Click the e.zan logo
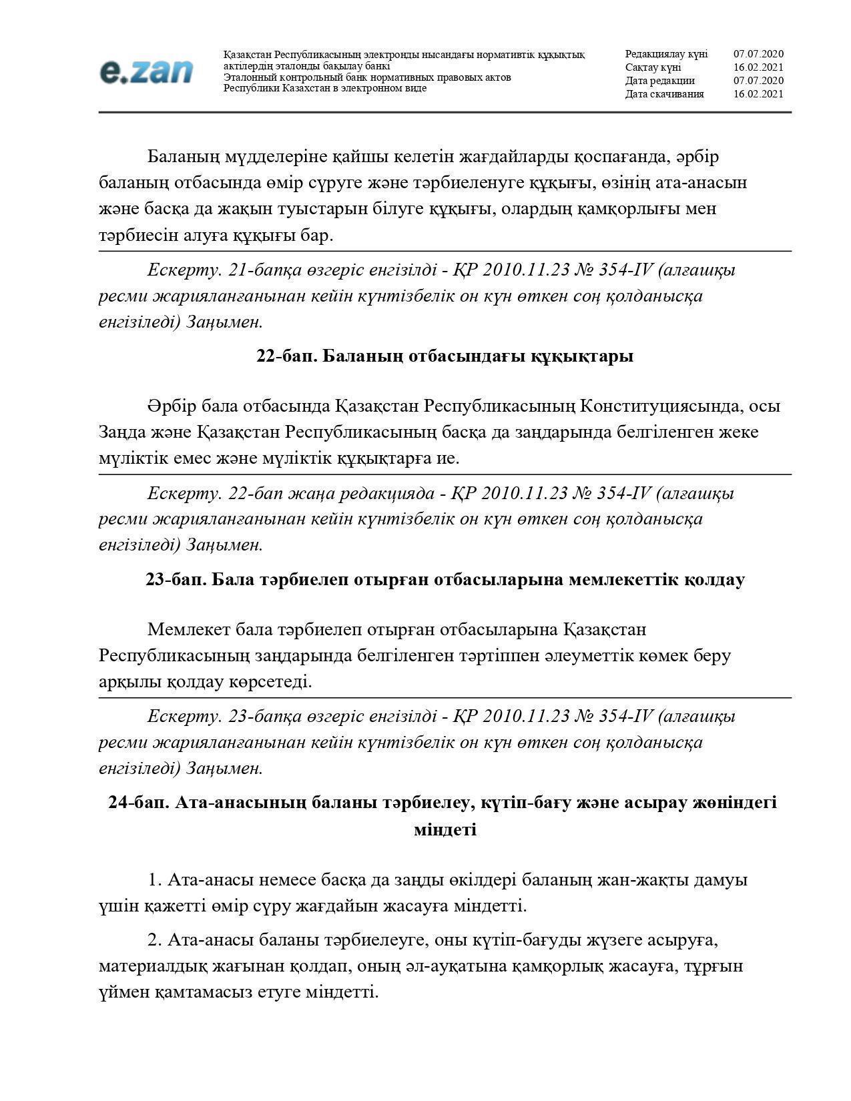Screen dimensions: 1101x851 pos(146,72)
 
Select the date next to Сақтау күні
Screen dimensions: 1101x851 pos(758,67)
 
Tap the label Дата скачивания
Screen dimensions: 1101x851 pos(664,94)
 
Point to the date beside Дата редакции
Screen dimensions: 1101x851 pos(758,81)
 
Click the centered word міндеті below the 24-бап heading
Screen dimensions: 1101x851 pos(445,830)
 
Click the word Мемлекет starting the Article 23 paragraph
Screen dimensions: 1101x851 pos(187,629)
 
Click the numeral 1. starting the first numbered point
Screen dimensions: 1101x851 pos(155,880)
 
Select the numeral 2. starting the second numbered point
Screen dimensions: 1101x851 pos(155,940)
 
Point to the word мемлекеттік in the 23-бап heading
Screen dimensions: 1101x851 pos(623,579)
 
